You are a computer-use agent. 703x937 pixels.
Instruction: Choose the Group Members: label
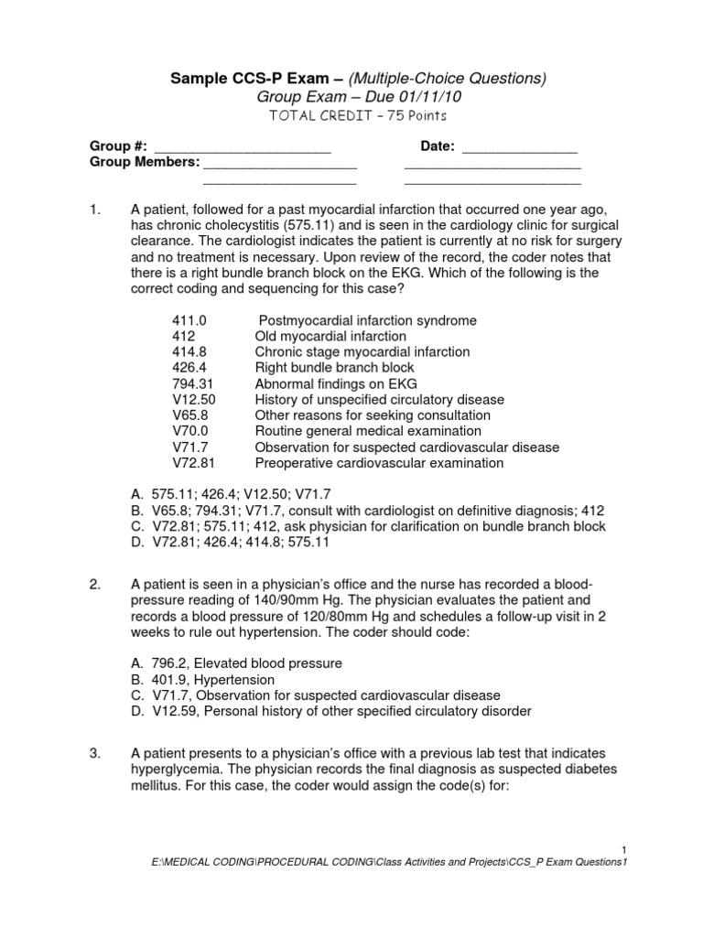coord(144,162)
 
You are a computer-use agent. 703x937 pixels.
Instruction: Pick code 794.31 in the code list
coord(192,384)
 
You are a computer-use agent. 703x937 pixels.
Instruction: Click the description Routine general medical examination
coord(368,431)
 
